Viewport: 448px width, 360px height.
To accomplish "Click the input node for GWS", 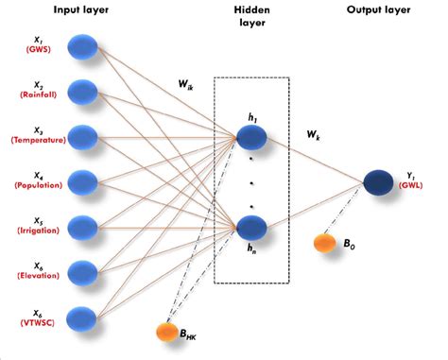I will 85,44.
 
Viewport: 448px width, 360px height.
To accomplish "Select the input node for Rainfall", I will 85,90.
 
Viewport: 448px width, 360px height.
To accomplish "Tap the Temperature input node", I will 85,135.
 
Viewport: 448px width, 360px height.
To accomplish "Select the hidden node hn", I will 251,228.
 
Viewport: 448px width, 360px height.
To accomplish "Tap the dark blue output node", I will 380,180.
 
